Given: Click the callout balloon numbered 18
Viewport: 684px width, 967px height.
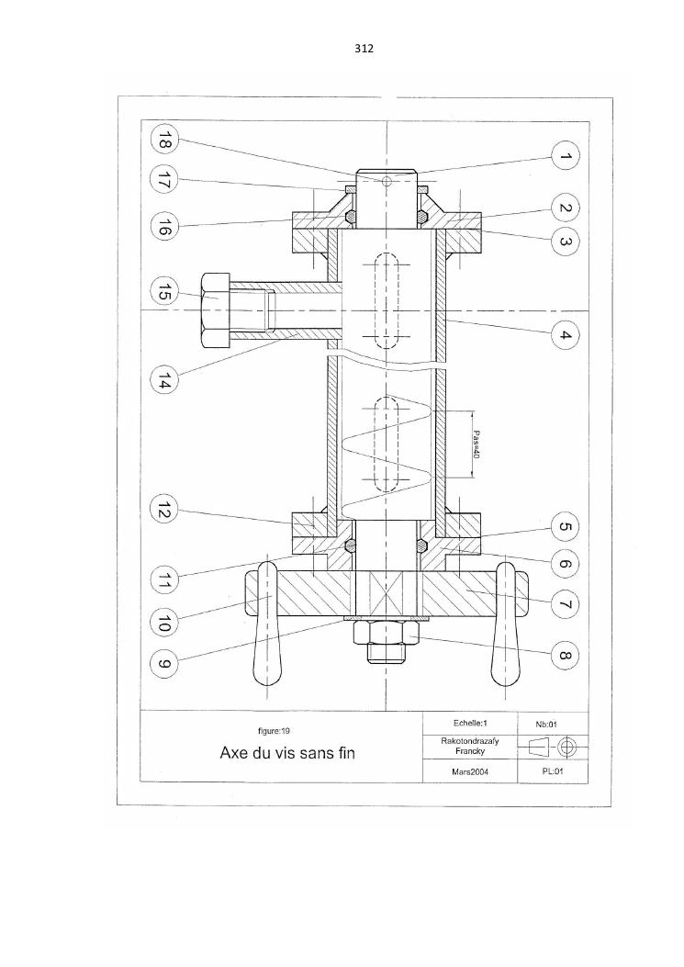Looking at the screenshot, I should (x=164, y=141).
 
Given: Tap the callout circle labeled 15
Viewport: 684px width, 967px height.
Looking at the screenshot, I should (x=164, y=294).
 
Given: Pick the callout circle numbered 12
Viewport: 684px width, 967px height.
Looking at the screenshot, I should (x=164, y=511).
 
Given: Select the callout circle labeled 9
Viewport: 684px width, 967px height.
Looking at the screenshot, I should (x=164, y=663).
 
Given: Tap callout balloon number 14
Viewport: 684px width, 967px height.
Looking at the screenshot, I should (x=164, y=378).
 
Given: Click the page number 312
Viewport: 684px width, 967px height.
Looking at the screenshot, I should (x=363, y=49).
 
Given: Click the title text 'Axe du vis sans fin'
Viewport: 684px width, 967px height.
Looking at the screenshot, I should (x=286, y=754).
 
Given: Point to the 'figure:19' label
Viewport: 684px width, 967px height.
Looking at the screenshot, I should (x=275, y=731).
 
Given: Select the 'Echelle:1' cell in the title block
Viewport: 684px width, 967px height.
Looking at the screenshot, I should (x=468, y=723).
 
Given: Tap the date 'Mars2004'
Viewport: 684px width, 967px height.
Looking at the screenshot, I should (x=468, y=772).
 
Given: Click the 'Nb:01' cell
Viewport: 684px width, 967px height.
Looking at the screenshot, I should (x=553, y=724).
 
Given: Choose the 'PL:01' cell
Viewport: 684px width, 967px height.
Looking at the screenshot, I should (x=553, y=772).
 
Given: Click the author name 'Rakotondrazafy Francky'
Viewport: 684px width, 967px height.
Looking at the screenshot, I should (x=468, y=746).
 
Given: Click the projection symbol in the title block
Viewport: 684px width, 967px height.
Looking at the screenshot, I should (x=553, y=748).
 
